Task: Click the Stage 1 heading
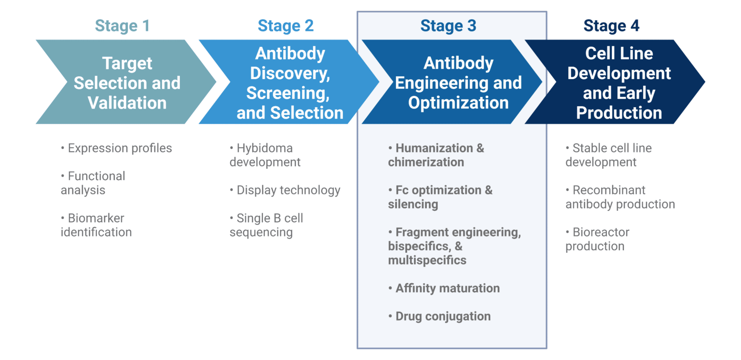coord(122,26)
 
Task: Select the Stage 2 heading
coord(286,26)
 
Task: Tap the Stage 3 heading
coord(448,26)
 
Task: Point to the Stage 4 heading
coord(611,26)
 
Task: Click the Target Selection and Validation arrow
coord(127,83)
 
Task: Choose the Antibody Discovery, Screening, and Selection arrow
coord(289,83)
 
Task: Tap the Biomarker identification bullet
coord(96,225)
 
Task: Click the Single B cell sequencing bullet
coord(266,225)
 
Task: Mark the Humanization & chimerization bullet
coord(436,155)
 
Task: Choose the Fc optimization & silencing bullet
coord(440,197)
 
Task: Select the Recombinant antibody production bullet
coord(620,197)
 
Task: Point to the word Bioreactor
coord(601,232)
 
